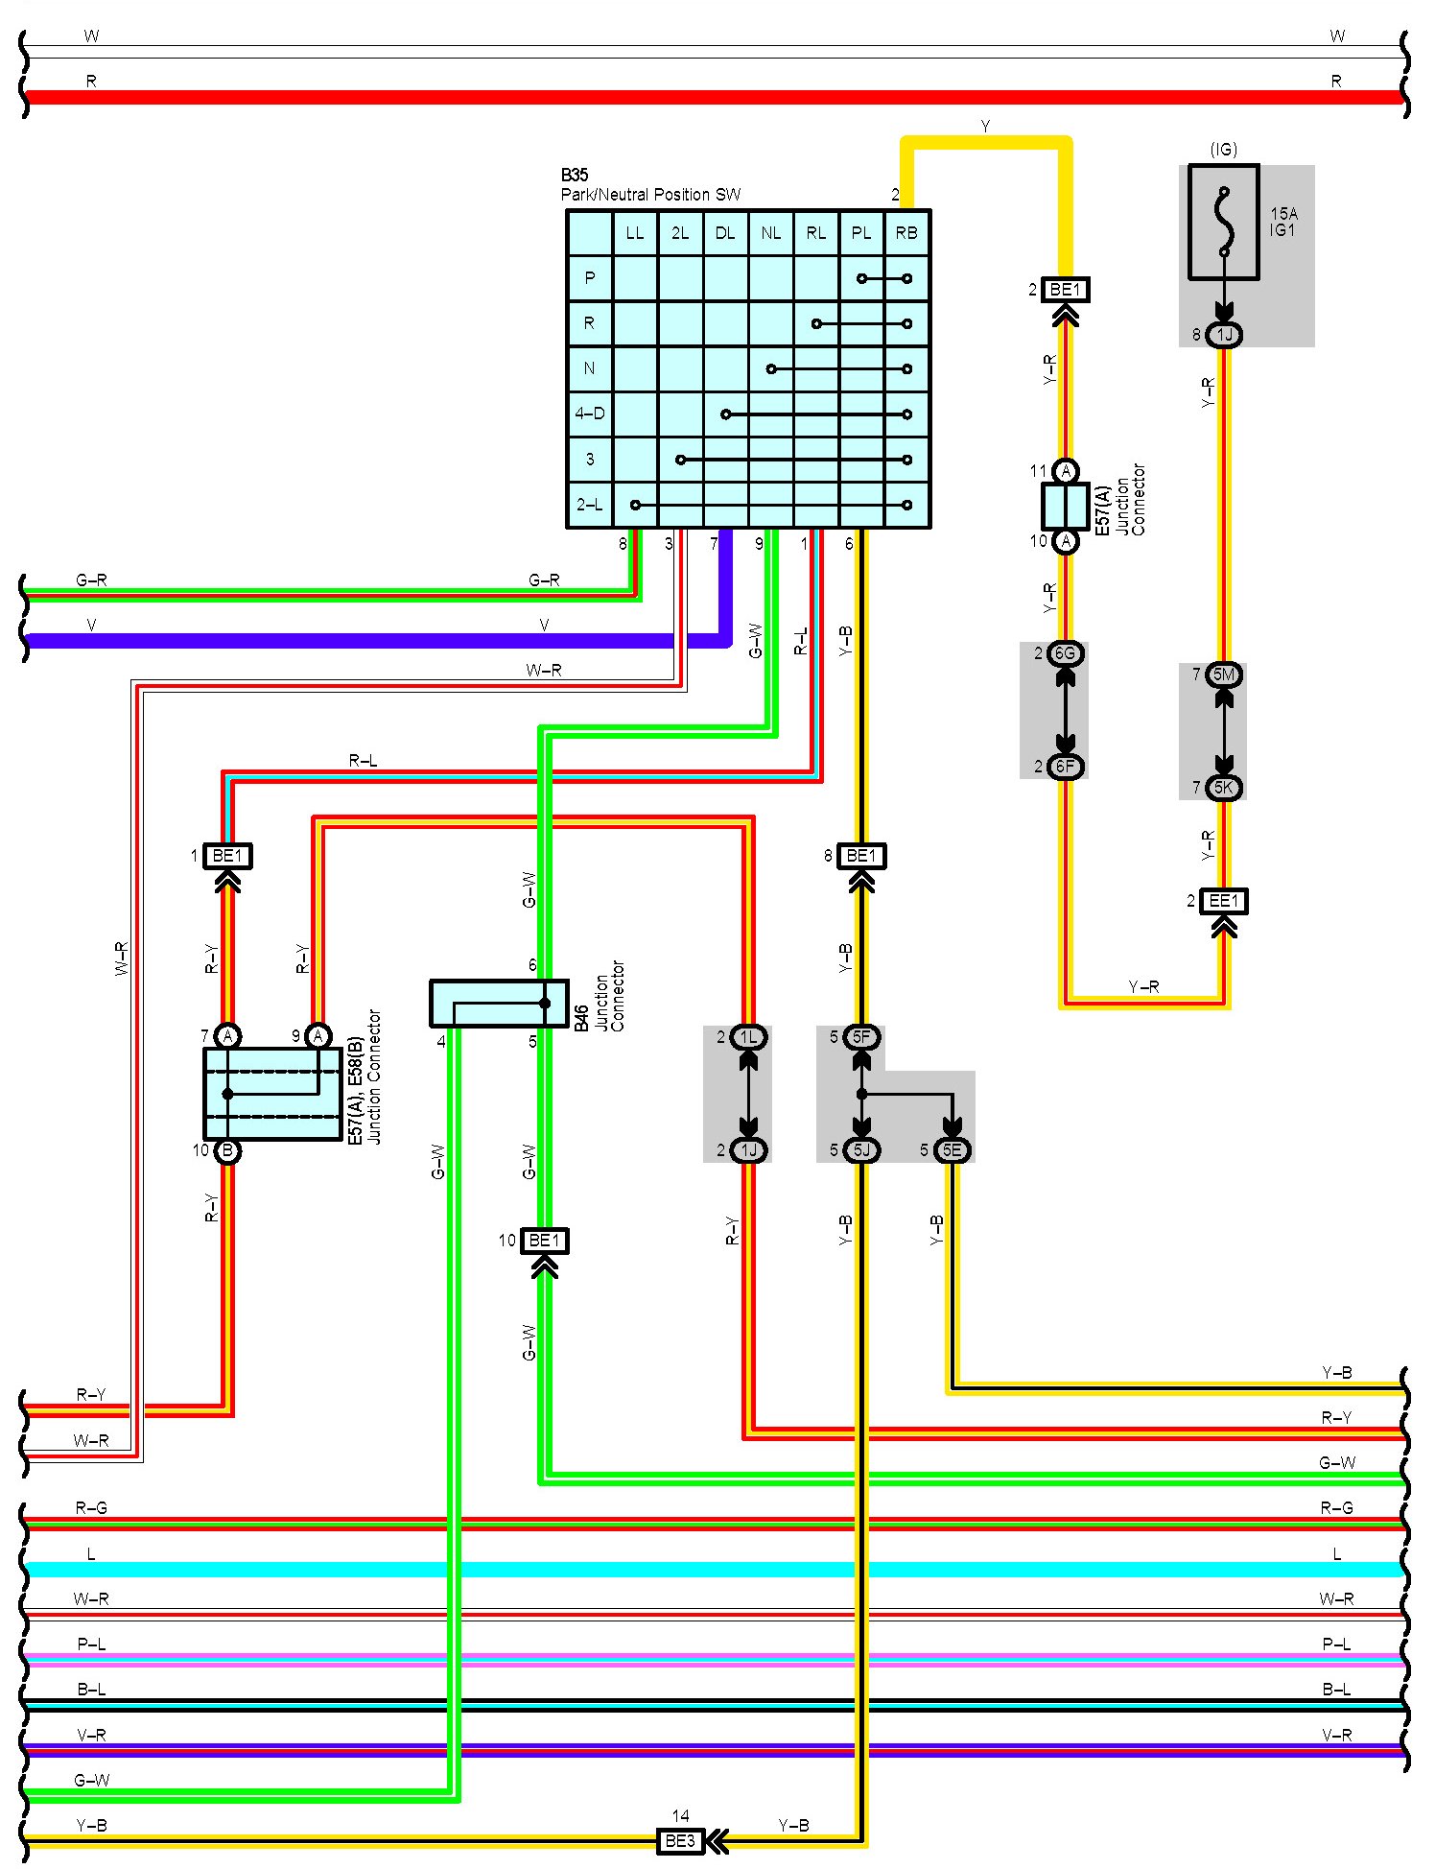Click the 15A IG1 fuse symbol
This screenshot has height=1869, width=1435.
pyautogui.click(x=1223, y=222)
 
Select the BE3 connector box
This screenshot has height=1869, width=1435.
pyautogui.click(x=680, y=1841)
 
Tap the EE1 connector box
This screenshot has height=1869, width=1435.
pyautogui.click(x=1224, y=901)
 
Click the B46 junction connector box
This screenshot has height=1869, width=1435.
pyautogui.click(x=499, y=1003)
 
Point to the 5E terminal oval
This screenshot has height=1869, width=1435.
pyautogui.click(x=953, y=1149)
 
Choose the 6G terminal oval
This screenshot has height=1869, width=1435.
pyautogui.click(x=1066, y=653)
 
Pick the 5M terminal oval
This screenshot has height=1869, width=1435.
pyautogui.click(x=1224, y=674)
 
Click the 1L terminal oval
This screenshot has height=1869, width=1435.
pyautogui.click(x=749, y=1036)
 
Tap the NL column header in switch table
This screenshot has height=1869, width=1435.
pyautogui.click(x=770, y=233)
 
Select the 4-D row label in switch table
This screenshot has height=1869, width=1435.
pyautogui.click(x=590, y=414)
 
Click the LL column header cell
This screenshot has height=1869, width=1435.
pyautogui.click(x=635, y=233)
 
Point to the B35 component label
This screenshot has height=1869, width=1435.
pyautogui.click(x=575, y=175)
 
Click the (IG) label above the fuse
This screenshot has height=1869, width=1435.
pyautogui.click(x=1224, y=150)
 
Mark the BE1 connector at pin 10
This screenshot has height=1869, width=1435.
pyautogui.click(x=545, y=1241)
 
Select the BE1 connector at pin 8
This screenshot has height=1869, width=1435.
pyautogui.click(x=861, y=855)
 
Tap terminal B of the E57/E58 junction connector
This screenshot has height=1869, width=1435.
pyautogui.click(x=227, y=1150)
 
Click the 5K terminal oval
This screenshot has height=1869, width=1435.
pyautogui.click(x=1224, y=788)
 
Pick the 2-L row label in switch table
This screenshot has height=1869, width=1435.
pyautogui.click(x=590, y=505)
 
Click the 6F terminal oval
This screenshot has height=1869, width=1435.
pyautogui.click(x=1066, y=767)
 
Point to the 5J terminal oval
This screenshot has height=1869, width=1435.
pyautogui.click(x=862, y=1149)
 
